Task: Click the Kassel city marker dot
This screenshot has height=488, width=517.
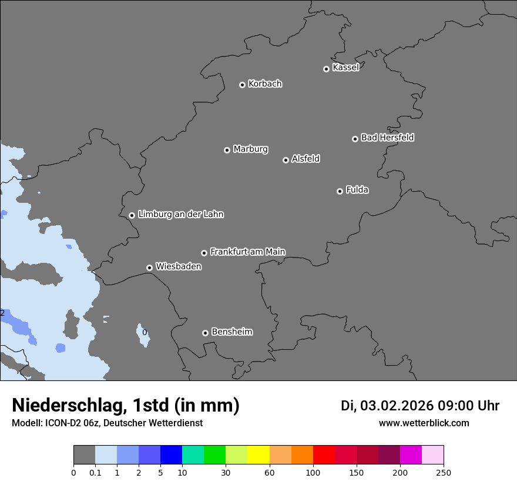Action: pyautogui.click(x=326, y=69)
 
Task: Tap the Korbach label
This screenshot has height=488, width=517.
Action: pyautogui.click(x=265, y=84)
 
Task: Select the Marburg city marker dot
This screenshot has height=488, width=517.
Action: pyautogui.click(x=227, y=150)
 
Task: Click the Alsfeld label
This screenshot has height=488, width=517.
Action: pyautogui.click(x=305, y=159)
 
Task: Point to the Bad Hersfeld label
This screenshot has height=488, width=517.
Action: pyautogui.click(x=387, y=138)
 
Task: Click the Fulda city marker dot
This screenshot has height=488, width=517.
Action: pyautogui.click(x=340, y=191)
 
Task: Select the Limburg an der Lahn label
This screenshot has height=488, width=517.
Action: pyautogui.click(x=180, y=214)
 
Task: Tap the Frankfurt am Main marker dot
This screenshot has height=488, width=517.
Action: pyautogui.click(x=204, y=253)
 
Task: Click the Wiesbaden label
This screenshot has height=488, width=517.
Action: pyautogui.click(x=178, y=266)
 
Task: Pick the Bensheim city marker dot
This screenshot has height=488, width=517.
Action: pyautogui.click(x=205, y=333)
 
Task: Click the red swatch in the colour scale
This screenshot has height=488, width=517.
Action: pyautogui.click(x=324, y=455)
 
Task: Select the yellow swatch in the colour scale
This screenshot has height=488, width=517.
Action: pyautogui.click(x=258, y=455)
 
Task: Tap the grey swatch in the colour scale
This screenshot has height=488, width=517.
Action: pyautogui.click(x=84, y=455)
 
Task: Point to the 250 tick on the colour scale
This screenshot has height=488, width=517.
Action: pyautogui.click(x=443, y=472)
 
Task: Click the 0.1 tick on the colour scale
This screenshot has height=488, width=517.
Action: pyautogui.click(x=95, y=472)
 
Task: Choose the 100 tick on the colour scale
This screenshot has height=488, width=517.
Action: pyautogui.click(x=313, y=472)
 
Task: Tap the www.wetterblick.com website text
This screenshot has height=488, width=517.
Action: pyautogui.click(x=424, y=423)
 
